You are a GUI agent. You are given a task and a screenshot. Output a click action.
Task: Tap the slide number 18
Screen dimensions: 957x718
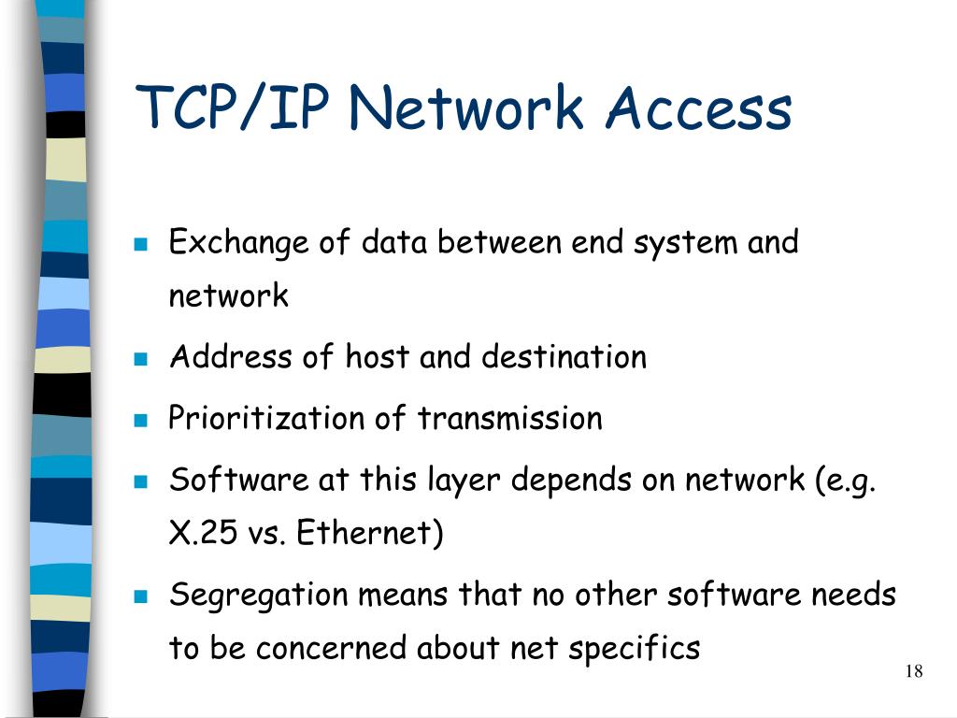point(914,671)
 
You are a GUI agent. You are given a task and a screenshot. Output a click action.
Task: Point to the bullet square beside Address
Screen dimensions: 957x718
point(141,359)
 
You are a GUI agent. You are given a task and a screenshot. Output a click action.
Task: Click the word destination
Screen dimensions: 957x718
point(564,357)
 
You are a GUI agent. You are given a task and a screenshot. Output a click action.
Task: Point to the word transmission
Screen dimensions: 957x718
point(509,418)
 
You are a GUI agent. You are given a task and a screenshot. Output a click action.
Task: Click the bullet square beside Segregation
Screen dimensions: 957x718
point(141,596)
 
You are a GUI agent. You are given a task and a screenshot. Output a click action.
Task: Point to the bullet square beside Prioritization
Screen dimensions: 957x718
point(141,420)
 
